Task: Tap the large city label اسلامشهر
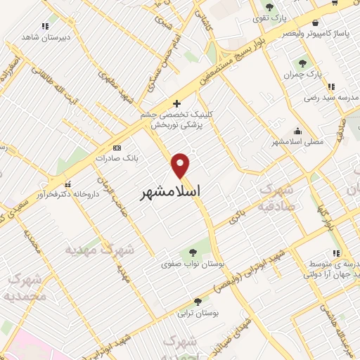point(170,191)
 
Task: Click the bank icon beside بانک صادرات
point(117,148)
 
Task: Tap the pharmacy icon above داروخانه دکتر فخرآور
point(68,186)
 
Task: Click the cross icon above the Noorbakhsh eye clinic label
point(176,104)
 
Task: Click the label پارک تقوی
point(269,18)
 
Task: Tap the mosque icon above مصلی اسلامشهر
point(298,131)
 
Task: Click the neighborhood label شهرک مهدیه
point(99,249)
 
